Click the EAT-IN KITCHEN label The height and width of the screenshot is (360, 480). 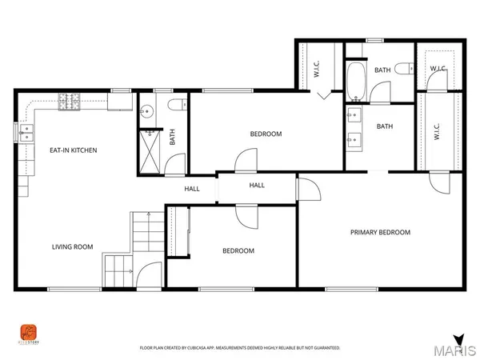pos(73,150)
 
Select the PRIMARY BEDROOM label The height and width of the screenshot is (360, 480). pos(380,232)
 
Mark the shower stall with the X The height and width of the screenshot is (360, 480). pos(148,146)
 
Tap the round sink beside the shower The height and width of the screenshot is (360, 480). pos(146,112)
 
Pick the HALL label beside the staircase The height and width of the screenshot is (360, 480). pos(192,189)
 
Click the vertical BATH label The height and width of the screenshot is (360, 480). pos(172,137)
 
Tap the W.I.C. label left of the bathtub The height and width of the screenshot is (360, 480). pos(317,70)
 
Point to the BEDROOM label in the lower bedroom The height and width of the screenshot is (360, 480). pos(238,250)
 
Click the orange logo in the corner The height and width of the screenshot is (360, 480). pos(29,331)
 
